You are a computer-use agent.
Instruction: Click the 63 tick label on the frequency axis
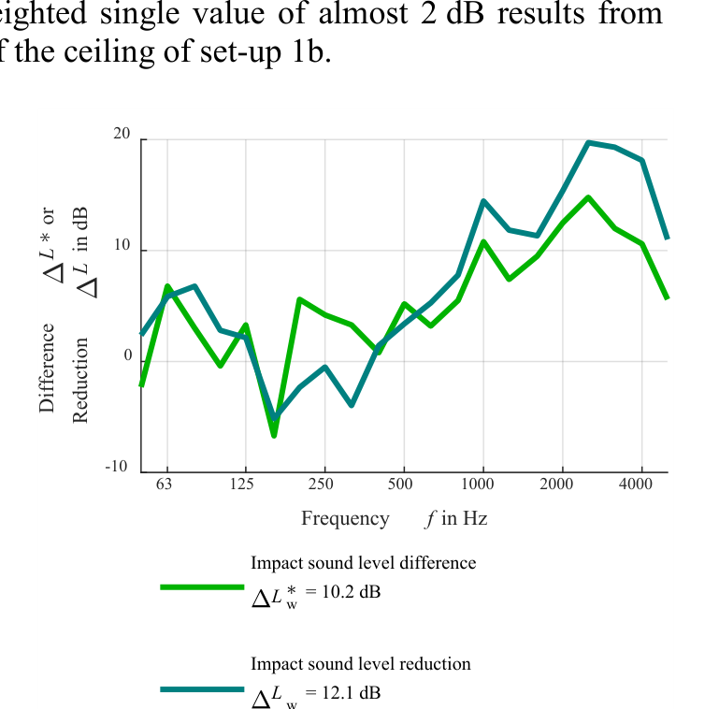click(x=165, y=484)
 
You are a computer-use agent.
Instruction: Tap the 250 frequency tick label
click(x=322, y=484)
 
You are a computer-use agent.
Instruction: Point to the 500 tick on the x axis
click(x=400, y=484)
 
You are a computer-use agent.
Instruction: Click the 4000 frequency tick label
click(x=637, y=484)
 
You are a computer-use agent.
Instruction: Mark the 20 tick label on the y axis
click(x=122, y=135)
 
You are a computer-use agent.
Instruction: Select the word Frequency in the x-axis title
click(x=345, y=518)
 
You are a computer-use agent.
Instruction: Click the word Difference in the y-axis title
click(x=48, y=368)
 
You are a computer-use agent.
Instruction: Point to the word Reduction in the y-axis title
click(x=81, y=381)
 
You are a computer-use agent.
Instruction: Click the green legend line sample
click(x=201, y=587)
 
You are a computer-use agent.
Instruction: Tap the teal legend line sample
click(x=201, y=689)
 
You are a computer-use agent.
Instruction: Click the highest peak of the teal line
click(x=588, y=142)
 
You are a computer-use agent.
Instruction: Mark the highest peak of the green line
click(x=588, y=197)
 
